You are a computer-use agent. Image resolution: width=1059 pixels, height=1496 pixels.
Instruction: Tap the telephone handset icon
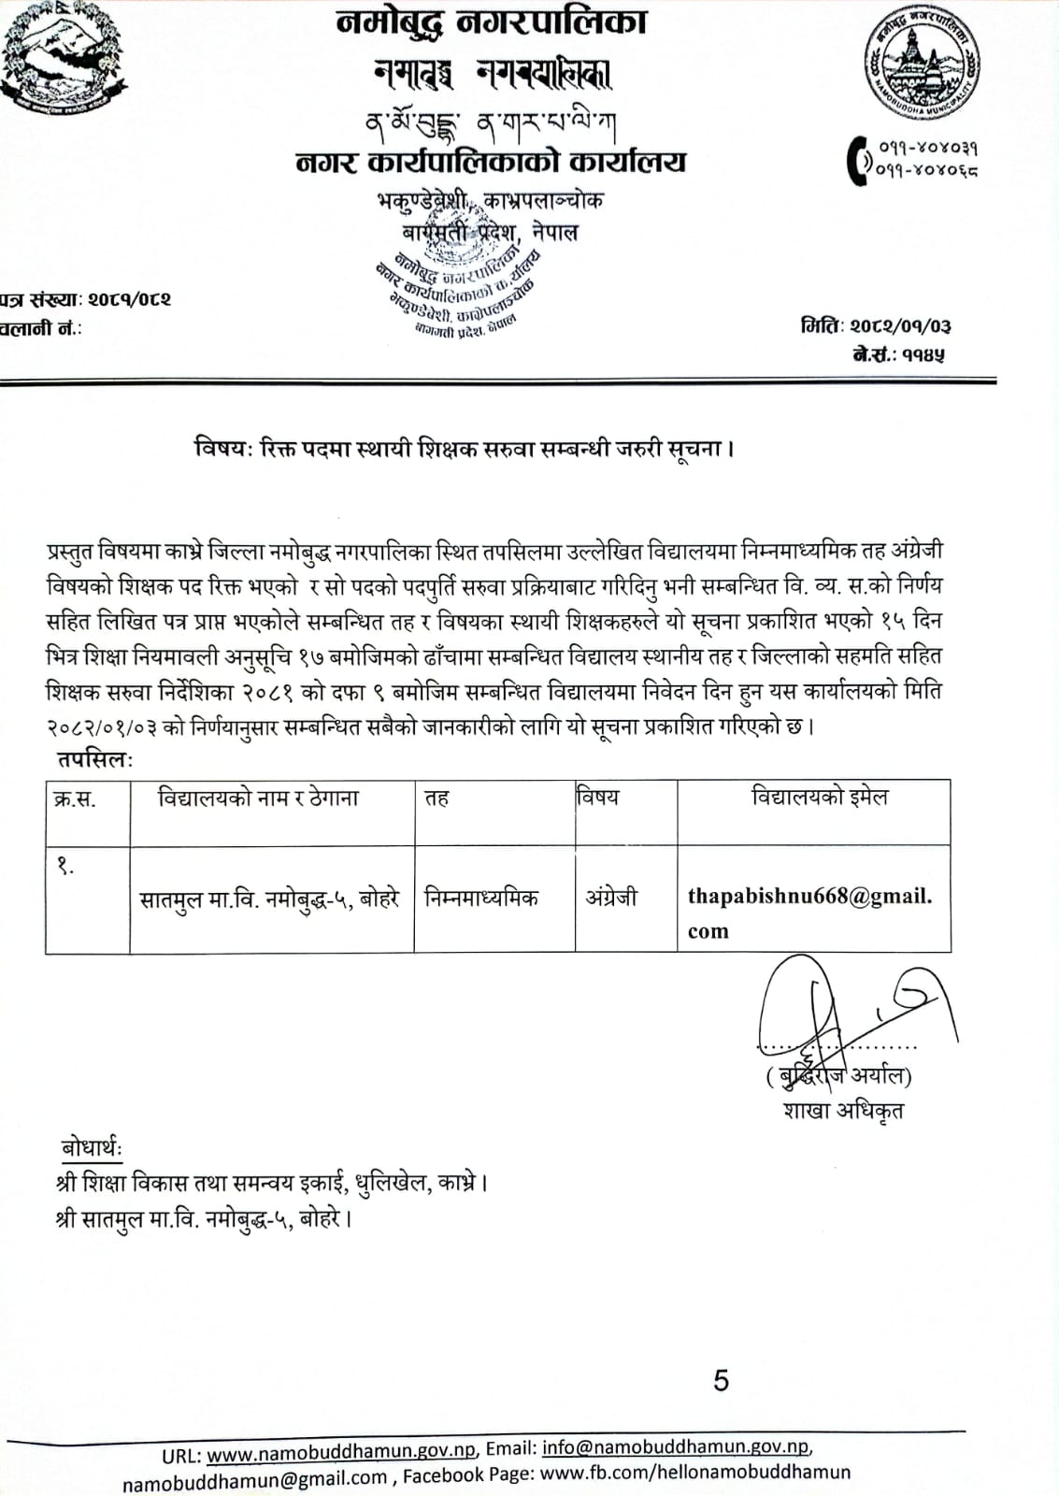click(x=857, y=159)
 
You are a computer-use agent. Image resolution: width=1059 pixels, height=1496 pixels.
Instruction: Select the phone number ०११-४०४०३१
click(x=928, y=147)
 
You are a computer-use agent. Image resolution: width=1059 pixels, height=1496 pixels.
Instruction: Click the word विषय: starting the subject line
click(x=219, y=449)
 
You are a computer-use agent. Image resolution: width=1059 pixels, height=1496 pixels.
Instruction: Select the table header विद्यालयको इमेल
click(x=820, y=798)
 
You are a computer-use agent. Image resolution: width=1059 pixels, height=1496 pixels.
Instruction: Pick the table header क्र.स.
click(x=76, y=799)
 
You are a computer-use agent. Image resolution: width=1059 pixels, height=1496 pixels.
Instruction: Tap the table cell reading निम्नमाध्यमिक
click(x=481, y=898)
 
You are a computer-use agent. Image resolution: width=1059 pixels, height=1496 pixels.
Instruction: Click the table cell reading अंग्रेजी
click(x=611, y=898)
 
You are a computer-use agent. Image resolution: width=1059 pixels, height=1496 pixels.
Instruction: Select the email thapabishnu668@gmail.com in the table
click(x=809, y=912)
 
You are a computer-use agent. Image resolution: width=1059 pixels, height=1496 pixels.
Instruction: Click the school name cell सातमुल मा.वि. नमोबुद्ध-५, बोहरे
click(x=269, y=899)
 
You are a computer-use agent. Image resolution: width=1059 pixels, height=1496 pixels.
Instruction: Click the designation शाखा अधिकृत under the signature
click(x=843, y=1111)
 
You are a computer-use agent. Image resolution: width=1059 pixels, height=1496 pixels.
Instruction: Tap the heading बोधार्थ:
click(x=92, y=1148)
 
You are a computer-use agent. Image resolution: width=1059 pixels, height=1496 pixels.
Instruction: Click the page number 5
click(x=721, y=1380)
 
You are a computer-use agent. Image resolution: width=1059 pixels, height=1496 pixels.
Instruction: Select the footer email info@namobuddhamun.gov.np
click(x=675, y=1446)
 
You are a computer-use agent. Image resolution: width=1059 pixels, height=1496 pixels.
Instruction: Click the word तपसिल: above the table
click(x=94, y=759)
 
